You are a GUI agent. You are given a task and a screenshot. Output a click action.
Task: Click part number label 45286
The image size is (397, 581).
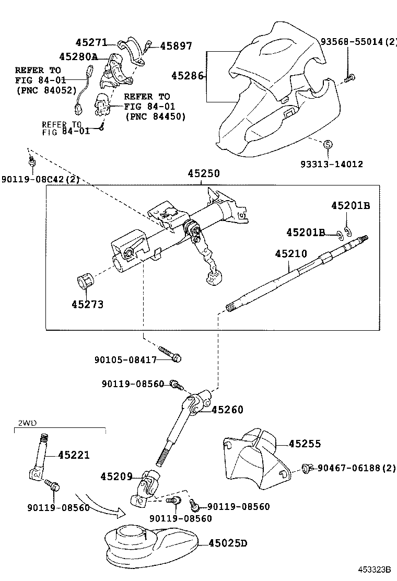(x=188, y=76)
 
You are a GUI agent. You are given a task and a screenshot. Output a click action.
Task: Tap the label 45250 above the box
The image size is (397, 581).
(x=204, y=173)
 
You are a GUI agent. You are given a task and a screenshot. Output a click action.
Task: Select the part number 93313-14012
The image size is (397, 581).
(x=332, y=164)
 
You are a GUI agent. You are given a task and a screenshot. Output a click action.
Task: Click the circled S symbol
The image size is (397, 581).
(x=328, y=145)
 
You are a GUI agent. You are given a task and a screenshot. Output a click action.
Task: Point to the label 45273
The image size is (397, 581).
(x=87, y=305)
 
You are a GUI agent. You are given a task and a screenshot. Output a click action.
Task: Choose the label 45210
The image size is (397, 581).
(x=291, y=254)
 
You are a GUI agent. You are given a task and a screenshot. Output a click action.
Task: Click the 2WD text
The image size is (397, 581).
(x=27, y=423)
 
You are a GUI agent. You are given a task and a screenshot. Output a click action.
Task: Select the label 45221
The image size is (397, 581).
(x=74, y=455)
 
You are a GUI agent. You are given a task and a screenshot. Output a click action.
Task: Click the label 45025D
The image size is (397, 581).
(x=228, y=543)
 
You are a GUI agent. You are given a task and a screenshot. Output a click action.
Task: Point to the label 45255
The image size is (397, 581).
(x=305, y=444)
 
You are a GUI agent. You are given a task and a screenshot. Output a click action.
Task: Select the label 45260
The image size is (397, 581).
(x=227, y=410)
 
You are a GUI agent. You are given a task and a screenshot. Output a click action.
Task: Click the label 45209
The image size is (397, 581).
(x=116, y=477)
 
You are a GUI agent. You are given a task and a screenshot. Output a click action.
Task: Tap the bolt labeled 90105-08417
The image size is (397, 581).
(x=170, y=354)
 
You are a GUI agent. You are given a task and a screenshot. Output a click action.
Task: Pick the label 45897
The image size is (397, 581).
(x=176, y=46)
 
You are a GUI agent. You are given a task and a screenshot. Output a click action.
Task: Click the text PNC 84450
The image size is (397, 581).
(x=155, y=117)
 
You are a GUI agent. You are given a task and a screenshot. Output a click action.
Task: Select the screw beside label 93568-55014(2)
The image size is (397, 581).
(x=349, y=78)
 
